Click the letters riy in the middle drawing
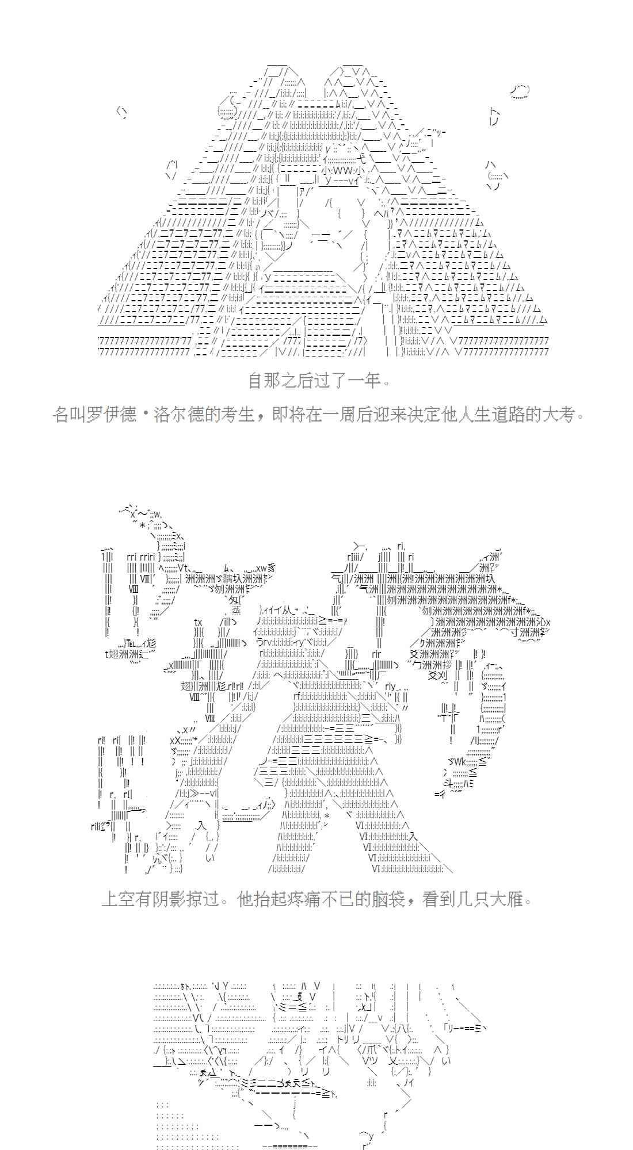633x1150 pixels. [391, 686]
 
